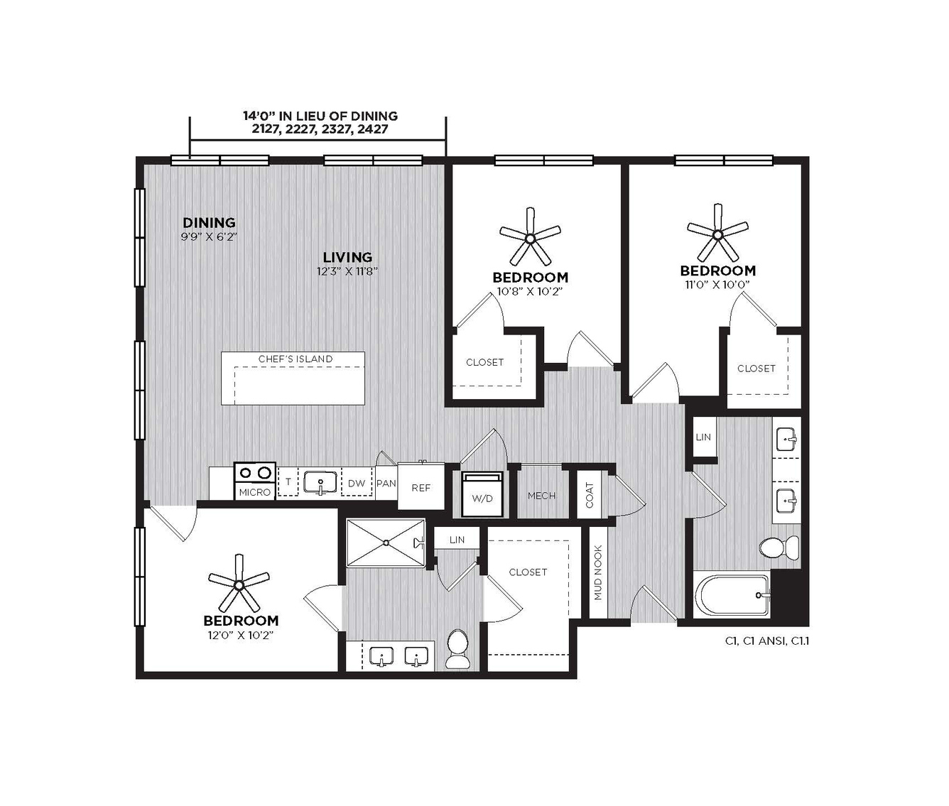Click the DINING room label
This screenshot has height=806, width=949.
(209, 222)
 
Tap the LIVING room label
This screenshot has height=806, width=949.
(347, 257)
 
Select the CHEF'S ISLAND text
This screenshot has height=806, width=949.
(295, 359)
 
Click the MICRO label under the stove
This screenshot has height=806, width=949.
(255, 493)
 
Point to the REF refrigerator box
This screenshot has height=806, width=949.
(421, 486)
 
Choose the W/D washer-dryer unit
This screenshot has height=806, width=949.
(482, 494)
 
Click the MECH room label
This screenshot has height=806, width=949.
(542, 496)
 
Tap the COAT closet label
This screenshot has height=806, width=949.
(590, 495)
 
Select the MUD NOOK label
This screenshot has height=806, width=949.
(598, 573)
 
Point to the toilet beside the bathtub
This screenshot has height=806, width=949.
(779, 548)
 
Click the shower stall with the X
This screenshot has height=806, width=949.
(386, 543)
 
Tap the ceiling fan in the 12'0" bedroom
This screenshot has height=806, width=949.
(239, 584)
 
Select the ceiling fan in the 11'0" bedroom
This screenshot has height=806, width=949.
(717, 234)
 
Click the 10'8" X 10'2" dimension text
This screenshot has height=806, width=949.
(530, 291)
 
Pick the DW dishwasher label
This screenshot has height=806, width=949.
(357, 484)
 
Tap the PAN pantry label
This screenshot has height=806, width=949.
(386, 484)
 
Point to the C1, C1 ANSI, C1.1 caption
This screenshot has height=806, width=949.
(766, 641)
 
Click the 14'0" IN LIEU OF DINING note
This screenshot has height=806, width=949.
(320, 116)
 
